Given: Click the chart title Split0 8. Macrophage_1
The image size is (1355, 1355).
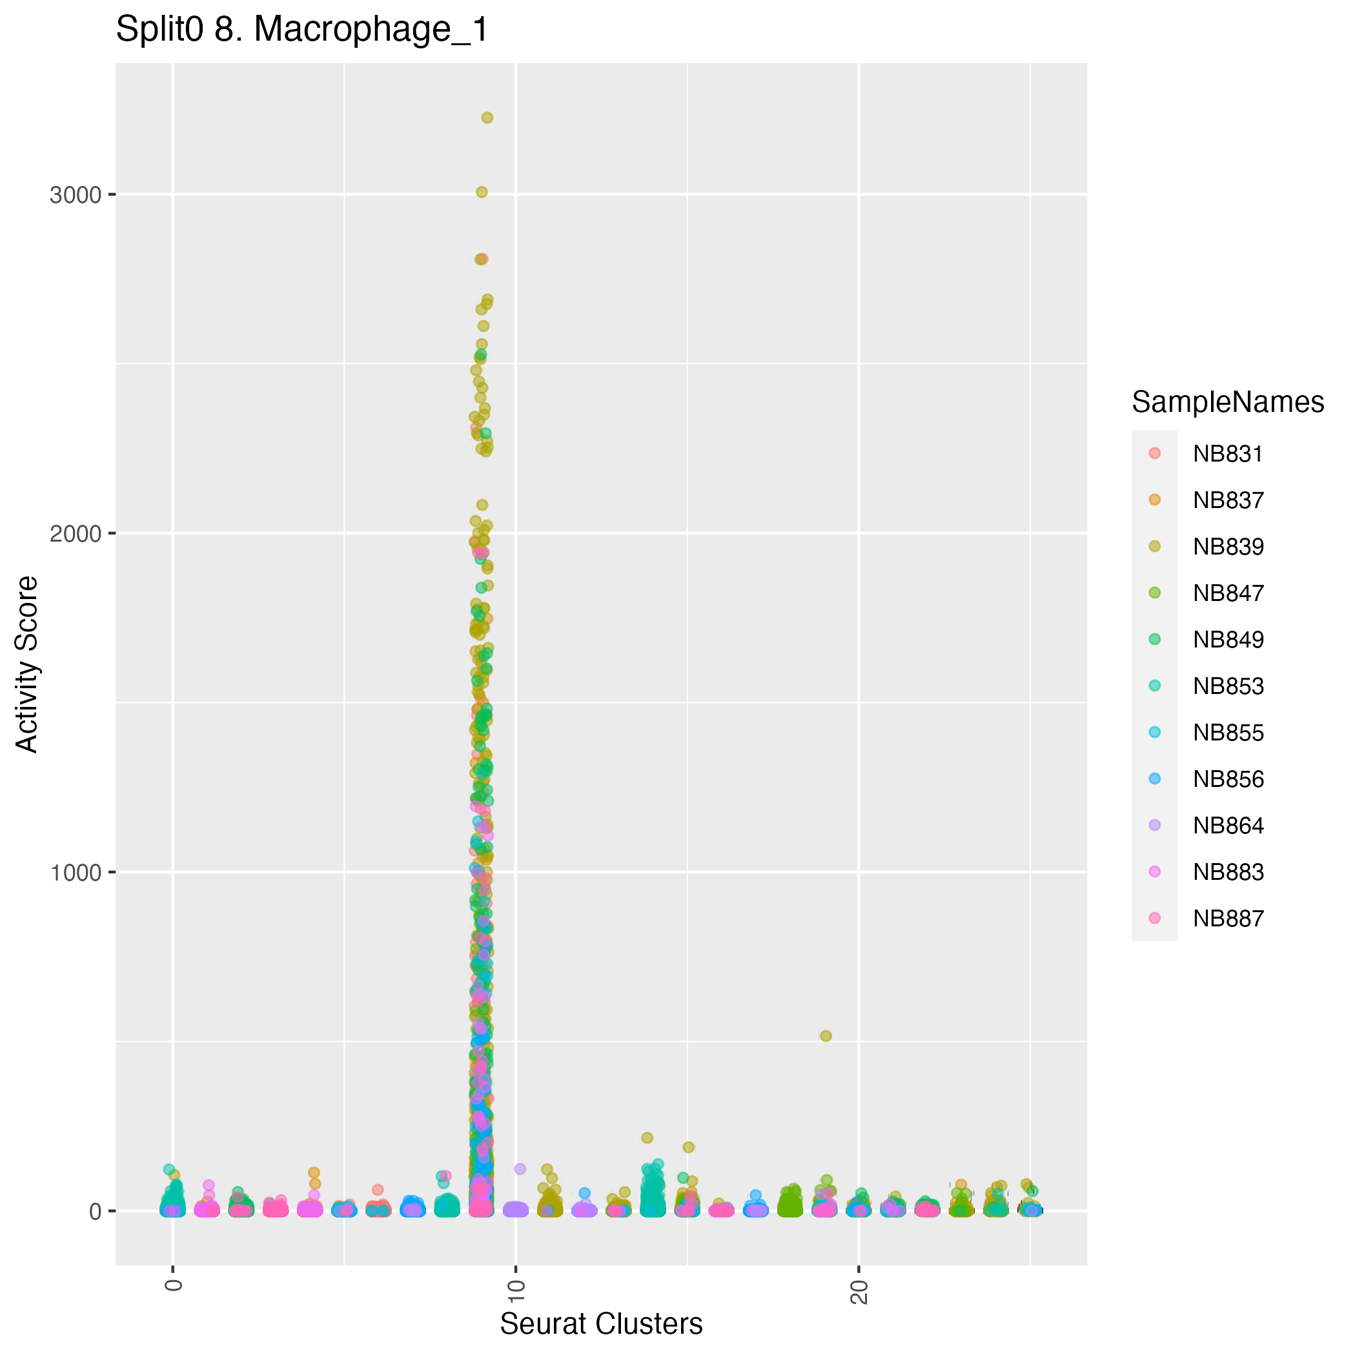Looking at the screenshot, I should click(301, 30).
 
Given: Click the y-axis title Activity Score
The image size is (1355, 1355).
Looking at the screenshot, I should click(27, 664).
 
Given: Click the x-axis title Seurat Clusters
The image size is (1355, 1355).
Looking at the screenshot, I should click(600, 1323).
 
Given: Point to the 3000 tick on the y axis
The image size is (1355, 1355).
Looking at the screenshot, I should click(76, 194).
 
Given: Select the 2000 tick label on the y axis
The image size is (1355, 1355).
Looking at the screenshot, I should click(76, 533).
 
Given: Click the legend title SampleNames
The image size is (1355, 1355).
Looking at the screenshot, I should click(1227, 402).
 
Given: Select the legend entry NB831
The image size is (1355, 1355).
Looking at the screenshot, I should click(1227, 454).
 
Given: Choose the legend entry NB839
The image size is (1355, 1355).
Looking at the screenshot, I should click(1227, 547).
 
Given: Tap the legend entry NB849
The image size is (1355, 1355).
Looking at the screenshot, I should click(1227, 640).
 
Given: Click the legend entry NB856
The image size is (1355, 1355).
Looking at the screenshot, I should click(1227, 779).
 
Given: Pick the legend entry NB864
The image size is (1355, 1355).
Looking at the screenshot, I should click(1227, 826).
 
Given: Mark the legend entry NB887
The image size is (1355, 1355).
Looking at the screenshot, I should click(1227, 918).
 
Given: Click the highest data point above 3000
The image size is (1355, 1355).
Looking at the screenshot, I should click(487, 118).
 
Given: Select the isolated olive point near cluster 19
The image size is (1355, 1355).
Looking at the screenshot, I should click(826, 1036).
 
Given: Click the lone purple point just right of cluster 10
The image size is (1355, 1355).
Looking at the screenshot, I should click(520, 1169).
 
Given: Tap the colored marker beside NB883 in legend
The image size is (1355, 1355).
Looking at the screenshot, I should click(1154, 871).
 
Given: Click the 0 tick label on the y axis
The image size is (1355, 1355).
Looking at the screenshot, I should click(96, 1211).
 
